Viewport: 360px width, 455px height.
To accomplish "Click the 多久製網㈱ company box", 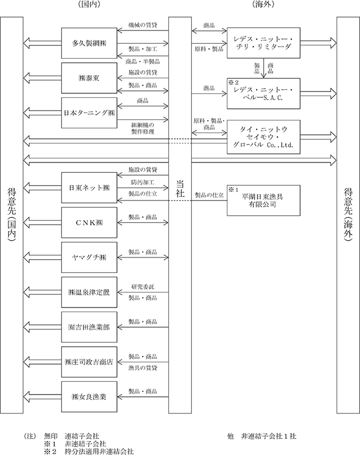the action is pyautogui.click(x=89, y=43).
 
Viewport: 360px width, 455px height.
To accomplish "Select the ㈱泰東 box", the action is pyautogui.click(x=89, y=78).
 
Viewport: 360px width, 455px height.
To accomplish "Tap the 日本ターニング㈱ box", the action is pyautogui.click(x=89, y=113).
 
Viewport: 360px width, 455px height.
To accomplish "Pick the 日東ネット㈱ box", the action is pyautogui.click(x=89, y=188).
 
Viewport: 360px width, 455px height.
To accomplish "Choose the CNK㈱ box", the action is pyautogui.click(x=89, y=222).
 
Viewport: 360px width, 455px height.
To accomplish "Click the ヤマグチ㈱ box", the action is pyautogui.click(x=89, y=257).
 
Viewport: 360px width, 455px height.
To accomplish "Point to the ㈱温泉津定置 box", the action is pyautogui.click(x=89, y=292).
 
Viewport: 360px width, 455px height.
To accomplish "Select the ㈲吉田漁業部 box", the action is pyautogui.click(x=89, y=327).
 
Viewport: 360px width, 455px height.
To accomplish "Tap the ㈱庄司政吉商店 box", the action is pyautogui.click(x=89, y=362).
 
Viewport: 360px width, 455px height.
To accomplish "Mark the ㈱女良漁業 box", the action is pyautogui.click(x=89, y=397).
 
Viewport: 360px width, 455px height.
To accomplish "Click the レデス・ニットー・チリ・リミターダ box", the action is pyautogui.click(x=263, y=43).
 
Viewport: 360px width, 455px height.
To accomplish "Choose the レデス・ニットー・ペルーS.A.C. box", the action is pyautogui.click(x=263, y=93).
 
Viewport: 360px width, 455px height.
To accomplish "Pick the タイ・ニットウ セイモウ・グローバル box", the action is pyautogui.click(x=263, y=137).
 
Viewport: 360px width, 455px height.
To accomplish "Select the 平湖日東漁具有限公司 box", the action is pyautogui.click(x=263, y=200).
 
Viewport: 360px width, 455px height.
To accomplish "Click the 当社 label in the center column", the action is pyautogui.click(x=180, y=188).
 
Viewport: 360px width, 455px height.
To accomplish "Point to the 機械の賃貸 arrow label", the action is pyautogui.click(x=143, y=25).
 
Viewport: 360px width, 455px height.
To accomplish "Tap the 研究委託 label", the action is pyautogui.click(x=143, y=287).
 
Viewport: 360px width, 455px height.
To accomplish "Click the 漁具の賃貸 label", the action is pyautogui.click(x=143, y=368).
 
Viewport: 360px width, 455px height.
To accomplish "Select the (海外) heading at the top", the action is pyautogui.click(x=263, y=4).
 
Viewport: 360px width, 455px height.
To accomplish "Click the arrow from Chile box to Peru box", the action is pyautogui.click(x=263, y=68).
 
